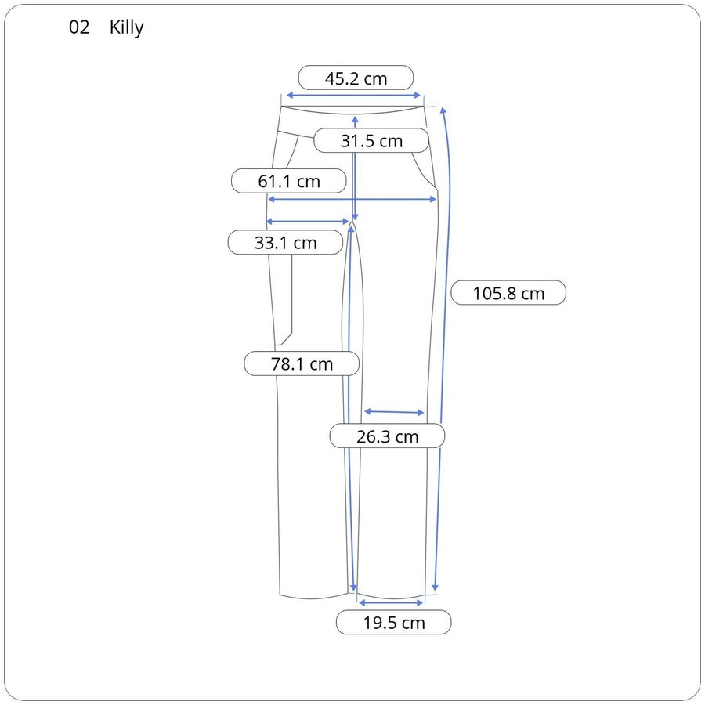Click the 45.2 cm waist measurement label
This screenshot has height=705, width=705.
(356, 78)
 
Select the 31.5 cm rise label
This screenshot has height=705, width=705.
(371, 140)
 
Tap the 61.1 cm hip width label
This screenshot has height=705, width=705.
(288, 181)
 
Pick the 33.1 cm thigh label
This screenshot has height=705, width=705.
(285, 242)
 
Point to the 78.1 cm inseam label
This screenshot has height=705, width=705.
(302, 363)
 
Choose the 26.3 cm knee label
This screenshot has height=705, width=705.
(387, 436)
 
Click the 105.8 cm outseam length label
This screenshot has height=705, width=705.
(508, 293)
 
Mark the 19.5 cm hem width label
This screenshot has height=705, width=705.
(393, 622)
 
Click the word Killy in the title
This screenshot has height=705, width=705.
(126, 27)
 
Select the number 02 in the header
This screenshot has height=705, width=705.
(79, 27)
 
